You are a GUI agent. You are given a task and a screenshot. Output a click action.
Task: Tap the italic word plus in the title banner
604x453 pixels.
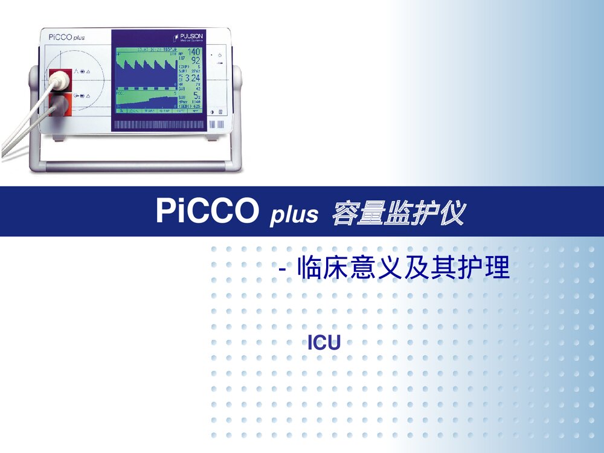click(294, 215)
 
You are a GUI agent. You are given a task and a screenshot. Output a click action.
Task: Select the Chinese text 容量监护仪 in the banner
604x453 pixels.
click(399, 213)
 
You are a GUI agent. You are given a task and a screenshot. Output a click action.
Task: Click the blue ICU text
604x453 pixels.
click(324, 343)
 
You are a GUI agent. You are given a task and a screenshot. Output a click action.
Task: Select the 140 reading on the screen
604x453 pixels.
click(194, 53)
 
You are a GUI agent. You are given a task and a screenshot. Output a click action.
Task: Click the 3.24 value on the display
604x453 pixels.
click(192, 78)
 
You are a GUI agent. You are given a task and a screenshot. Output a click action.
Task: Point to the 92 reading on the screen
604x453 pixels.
click(195, 61)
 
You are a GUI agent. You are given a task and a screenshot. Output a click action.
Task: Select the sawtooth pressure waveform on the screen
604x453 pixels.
click(146, 66)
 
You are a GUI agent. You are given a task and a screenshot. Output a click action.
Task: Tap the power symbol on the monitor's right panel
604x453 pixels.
click(220, 55)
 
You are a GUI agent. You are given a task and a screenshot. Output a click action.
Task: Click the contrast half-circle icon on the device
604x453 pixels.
click(212, 112)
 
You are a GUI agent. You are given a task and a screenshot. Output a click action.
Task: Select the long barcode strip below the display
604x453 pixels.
click(160, 124)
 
